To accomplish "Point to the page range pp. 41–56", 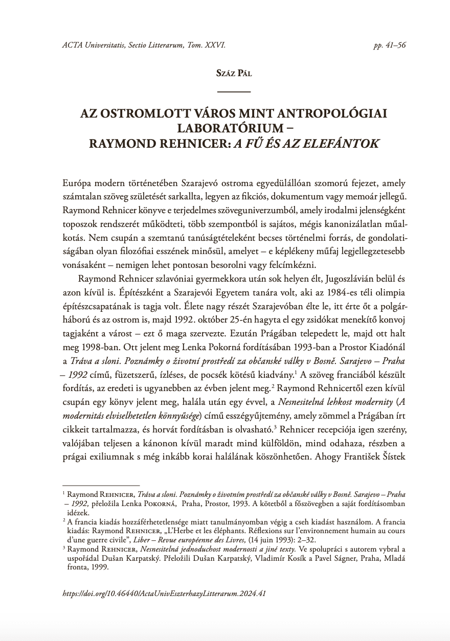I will click(x=390, y=45).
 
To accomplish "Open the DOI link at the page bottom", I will click(x=164, y=594).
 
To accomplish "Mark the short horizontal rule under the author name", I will click(x=234, y=91).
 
